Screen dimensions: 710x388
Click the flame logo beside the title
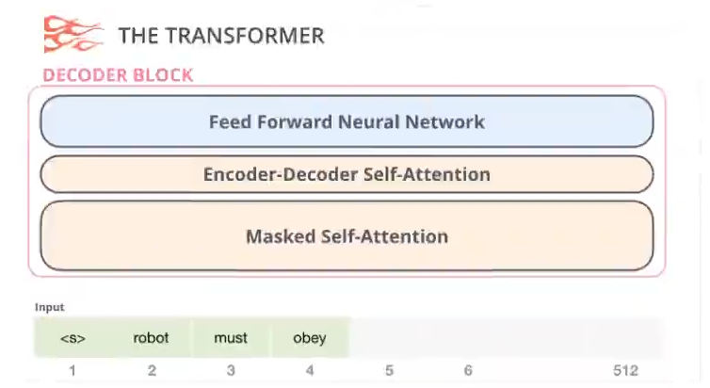[73, 35]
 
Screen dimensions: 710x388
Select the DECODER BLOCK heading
[119, 75]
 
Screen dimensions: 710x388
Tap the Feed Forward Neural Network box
[347, 121]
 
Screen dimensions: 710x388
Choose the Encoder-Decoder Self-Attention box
[347, 174]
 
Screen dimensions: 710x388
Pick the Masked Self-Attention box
[347, 235]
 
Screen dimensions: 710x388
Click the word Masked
[281, 236]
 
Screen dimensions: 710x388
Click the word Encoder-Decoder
[281, 174]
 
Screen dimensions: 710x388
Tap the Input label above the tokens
[50, 307]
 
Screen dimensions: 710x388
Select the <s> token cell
[73, 338]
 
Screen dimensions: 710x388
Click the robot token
[152, 338]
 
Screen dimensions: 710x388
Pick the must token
[231, 338]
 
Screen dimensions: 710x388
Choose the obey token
[310, 338]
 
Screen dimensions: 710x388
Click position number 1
[73, 371]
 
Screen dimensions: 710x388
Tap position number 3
[231, 371]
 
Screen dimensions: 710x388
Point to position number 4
[310, 371]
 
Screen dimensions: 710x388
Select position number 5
[389, 371]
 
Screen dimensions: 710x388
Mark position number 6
[468, 371]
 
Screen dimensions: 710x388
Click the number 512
[626, 371]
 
